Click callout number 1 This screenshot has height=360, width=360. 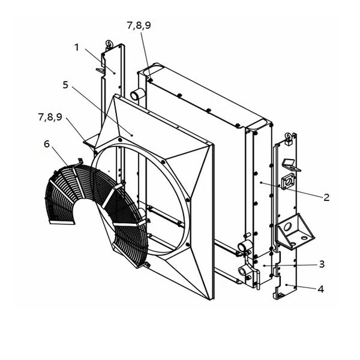click(x=77, y=47)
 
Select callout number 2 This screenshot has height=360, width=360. click(x=326, y=197)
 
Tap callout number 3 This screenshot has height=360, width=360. click(x=322, y=264)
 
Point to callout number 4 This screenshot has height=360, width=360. click(x=321, y=289)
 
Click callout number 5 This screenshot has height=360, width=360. click(x=65, y=85)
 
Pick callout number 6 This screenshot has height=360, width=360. click(x=47, y=144)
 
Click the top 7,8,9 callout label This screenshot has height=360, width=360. click(x=139, y=25)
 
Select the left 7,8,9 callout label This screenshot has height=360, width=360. click(x=50, y=117)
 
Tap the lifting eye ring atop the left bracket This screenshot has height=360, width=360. click(x=109, y=44)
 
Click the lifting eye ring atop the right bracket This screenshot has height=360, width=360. click(x=288, y=137)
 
